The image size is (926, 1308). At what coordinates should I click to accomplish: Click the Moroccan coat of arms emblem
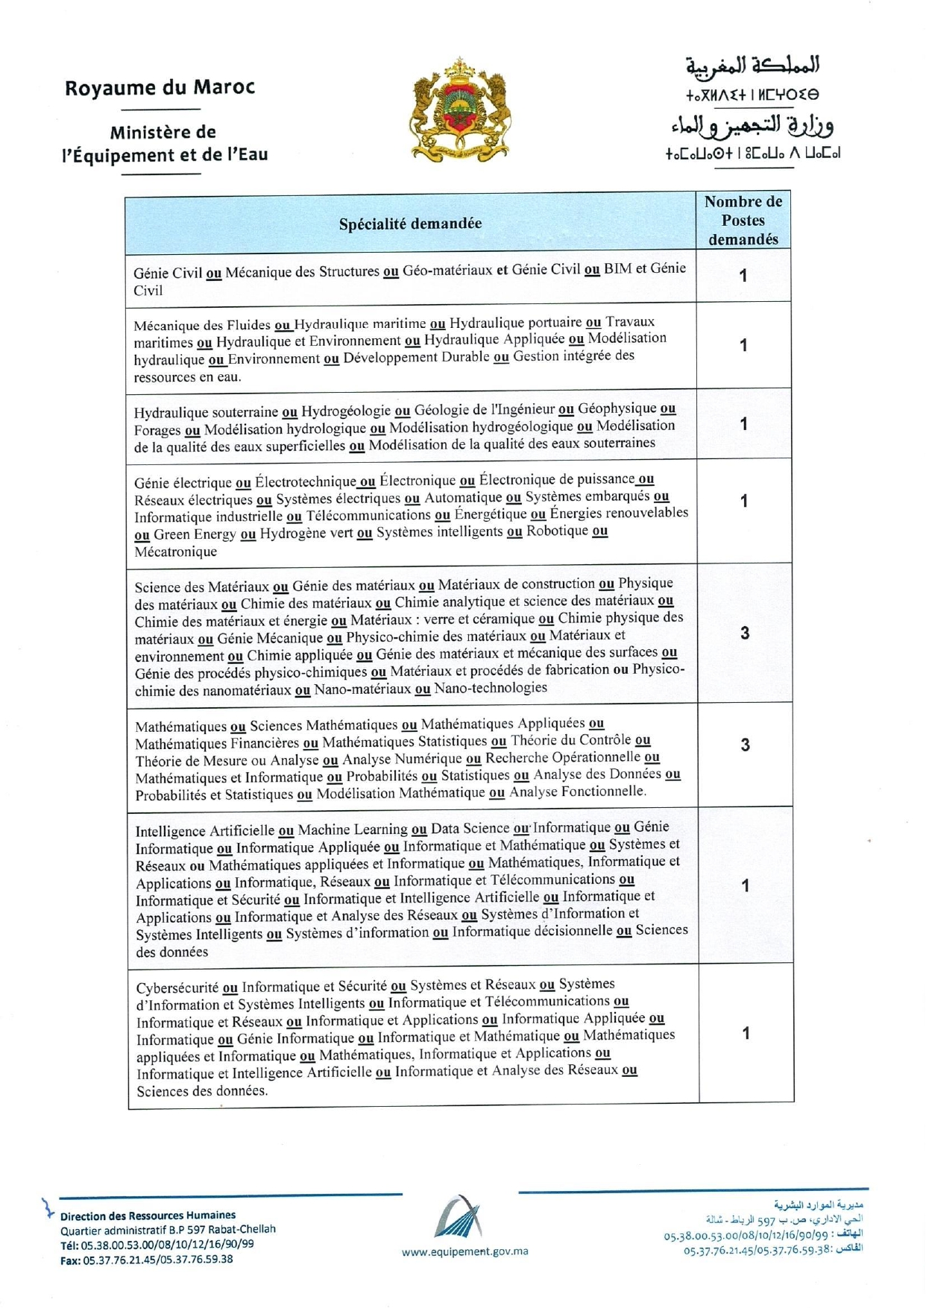click(461, 110)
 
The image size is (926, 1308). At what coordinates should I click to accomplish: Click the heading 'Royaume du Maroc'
click(160, 88)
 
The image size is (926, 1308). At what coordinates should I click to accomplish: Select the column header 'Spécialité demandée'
click(410, 224)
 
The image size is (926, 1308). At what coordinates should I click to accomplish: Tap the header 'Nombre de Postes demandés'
click(743, 221)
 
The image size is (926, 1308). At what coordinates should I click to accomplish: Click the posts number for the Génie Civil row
click(743, 276)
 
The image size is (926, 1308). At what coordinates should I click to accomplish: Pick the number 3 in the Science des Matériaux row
click(744, 634)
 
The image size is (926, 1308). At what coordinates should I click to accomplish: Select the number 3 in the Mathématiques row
click(745, 745)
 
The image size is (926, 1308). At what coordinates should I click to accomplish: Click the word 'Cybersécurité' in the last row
click(177, 988)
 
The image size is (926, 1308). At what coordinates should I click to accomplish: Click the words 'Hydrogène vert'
click(306, 534)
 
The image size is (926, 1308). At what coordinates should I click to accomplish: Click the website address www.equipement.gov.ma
click(464, 1251)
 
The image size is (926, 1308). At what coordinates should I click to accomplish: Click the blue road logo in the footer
click(459, 1217)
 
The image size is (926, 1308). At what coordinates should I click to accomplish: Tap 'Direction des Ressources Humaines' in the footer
click(148, 1215)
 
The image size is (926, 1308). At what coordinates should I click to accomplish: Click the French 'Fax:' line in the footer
click(146, 1260)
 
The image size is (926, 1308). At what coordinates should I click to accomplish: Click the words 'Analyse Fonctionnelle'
click(577, 792)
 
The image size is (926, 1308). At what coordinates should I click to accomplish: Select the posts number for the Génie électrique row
click(743, 501)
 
